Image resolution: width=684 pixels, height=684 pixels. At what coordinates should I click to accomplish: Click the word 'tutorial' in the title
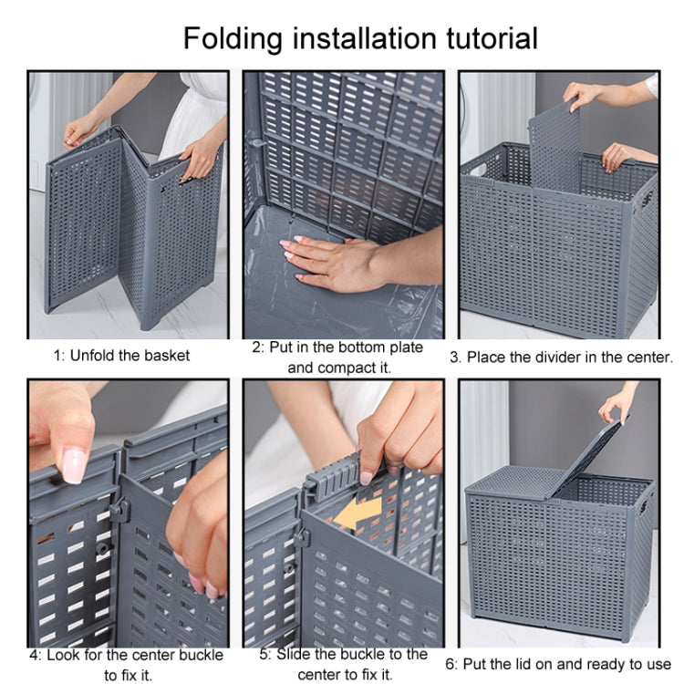pyautogui.click(x=485, y=38)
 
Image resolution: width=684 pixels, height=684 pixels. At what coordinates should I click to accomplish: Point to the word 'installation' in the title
pyautogui.click(x=362, y=38)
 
